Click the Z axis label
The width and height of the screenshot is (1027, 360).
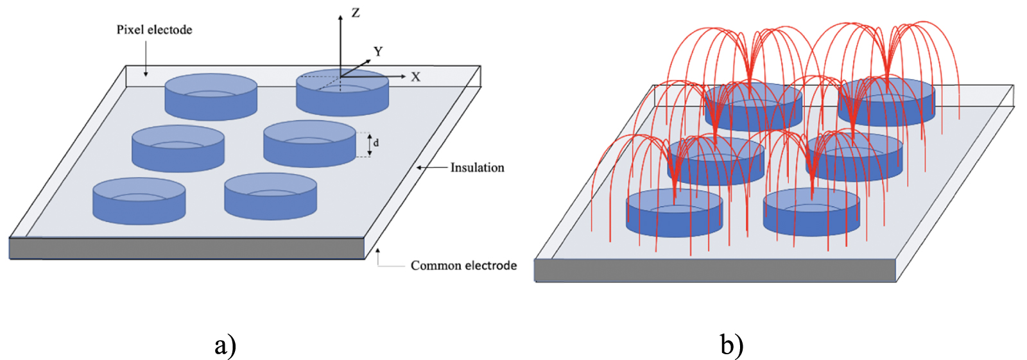tap(356, 13)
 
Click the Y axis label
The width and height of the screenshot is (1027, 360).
tap(378, 51)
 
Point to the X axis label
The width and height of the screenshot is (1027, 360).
tap(415, 77)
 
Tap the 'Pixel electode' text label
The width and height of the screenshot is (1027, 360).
tap(154, 30)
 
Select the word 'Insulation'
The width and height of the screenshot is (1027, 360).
tap(477, 167)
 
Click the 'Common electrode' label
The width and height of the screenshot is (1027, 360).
tap(463, 266)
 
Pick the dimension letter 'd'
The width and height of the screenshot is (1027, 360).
tap(376, 142)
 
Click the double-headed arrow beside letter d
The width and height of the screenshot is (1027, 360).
tap(369, 144)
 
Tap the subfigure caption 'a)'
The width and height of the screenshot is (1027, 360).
tap(225, 345)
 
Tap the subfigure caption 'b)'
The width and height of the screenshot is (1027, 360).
tap(732, 345)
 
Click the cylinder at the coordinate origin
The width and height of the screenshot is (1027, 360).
tap(342, 94)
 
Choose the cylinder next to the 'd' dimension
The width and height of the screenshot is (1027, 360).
tap(309, 144)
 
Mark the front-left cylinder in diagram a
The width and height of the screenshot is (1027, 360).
tap(139, 201)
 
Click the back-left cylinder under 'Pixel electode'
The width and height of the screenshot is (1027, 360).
tap(211, 98)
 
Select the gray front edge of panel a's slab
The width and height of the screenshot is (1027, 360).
tap(186, 248)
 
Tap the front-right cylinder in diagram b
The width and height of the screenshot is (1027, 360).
tap(811, 213)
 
